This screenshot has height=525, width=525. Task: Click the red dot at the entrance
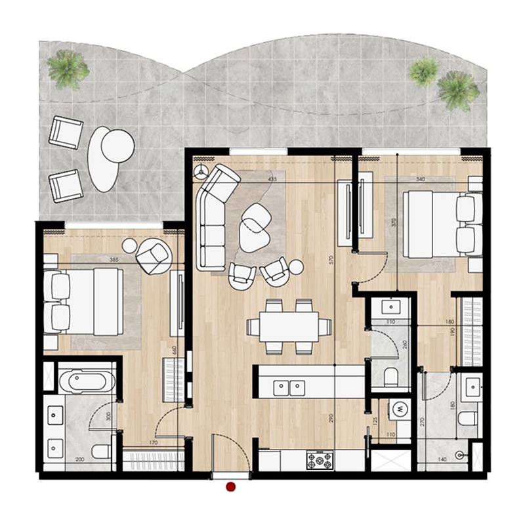(230, 486)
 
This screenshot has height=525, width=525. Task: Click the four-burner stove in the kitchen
(320, 461)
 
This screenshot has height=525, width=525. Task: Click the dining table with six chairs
(289, 325)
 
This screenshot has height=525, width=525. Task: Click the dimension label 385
(114, 260)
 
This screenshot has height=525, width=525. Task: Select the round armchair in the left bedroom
(155, 257)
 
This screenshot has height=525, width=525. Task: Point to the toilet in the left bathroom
(102, 451)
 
